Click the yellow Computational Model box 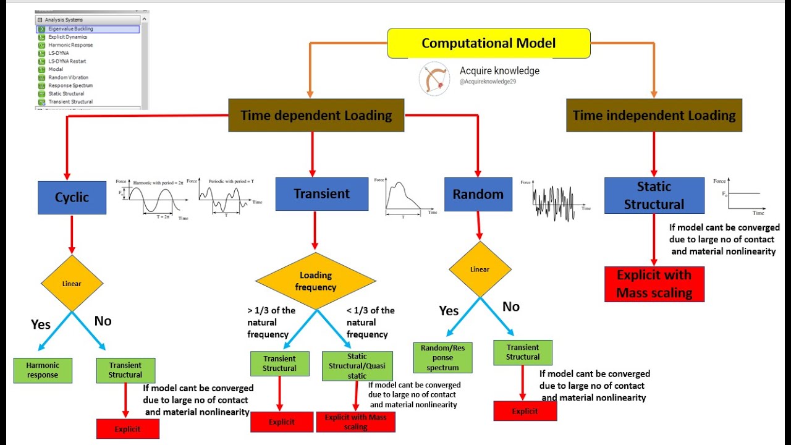[488, 43]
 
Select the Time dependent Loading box [316, 116]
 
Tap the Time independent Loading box [654, 116]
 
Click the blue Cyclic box [72, 198]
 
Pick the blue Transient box [321, 194]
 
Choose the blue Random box [478, 195]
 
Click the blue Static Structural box [654, 195]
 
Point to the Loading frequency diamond [316, 281]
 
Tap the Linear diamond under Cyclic [72, 284]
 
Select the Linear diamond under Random [480, 269]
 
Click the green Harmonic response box [43, 370]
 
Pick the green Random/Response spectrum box [442, 358]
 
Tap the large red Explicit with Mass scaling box [654, 284]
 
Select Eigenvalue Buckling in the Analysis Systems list [70, 29]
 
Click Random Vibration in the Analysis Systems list [68, 78]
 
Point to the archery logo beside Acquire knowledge [434, 79]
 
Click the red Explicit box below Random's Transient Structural [525, 411]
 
